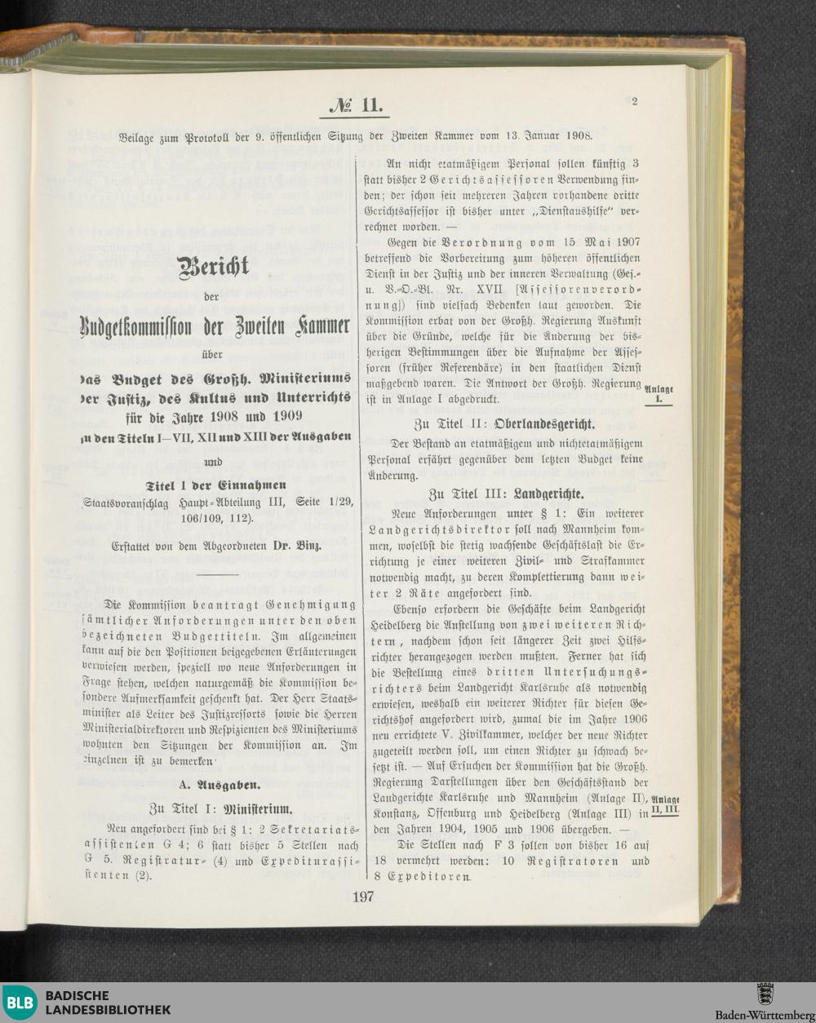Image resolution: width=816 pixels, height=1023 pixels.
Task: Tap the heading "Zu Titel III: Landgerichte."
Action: pyautogui.click(x=505, y=494)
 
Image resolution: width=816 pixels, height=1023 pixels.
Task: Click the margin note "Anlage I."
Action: pyautogui.click(x=659, y=395)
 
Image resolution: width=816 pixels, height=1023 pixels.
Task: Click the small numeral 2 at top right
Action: pyautogui.click(x=633, y=102)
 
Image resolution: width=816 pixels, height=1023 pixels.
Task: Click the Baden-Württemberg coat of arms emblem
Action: pyautogui.click(x=765, y=994)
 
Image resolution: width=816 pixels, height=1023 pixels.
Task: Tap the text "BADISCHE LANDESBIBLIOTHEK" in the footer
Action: pyautogui.click(x=108, y=1003)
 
